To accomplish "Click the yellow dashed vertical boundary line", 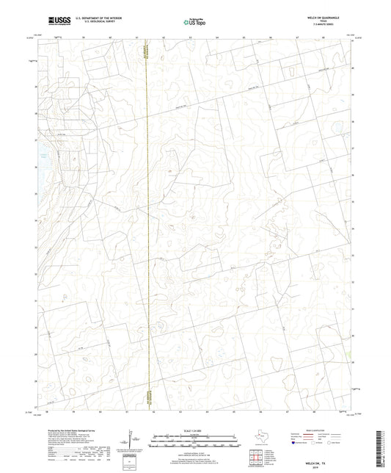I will tap(147, 220).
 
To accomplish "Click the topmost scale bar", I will tap(195, 435).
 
